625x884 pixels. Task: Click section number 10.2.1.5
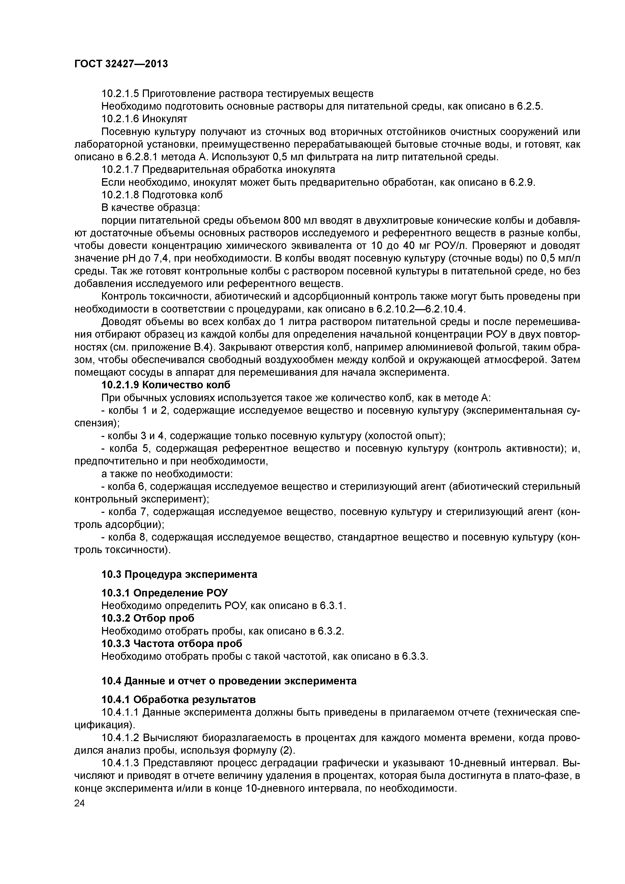coord(120,93)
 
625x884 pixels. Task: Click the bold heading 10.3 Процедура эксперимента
coord(179,575)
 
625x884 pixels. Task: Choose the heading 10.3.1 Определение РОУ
coord(164,592)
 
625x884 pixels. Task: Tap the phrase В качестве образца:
coord(150,208)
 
